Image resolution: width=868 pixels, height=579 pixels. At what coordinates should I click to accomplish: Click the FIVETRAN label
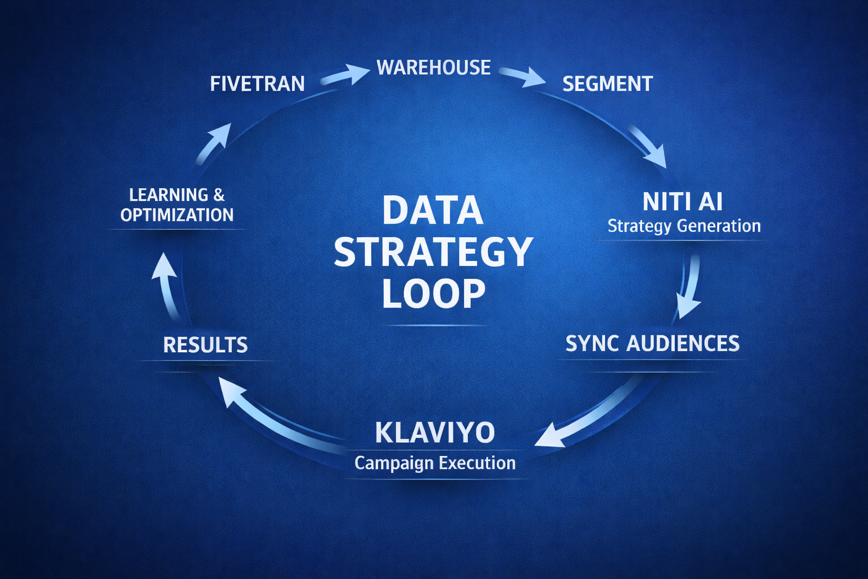(257, 84)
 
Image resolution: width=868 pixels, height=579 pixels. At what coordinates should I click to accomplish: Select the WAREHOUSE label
(433, 68)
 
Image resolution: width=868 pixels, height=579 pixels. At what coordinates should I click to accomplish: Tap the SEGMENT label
(607, 84)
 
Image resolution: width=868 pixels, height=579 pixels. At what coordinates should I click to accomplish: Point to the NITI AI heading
(683, 202)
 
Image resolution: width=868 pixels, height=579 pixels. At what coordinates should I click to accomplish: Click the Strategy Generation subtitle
(684, 226)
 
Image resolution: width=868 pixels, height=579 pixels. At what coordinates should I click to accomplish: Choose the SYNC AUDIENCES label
(653, 344)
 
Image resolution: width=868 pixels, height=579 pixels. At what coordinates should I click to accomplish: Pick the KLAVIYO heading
(435, 433)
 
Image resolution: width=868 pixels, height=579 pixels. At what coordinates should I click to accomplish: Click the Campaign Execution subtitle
(435, 463)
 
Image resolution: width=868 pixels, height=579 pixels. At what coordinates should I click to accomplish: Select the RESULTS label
(205, 345)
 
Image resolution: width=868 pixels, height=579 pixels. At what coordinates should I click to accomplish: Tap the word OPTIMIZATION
(177, 215)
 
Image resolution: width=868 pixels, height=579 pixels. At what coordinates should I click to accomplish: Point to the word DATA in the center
(433, 210)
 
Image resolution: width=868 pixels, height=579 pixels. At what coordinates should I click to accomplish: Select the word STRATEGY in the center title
(433, 252)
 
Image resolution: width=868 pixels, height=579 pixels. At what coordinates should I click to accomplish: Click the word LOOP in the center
(433, 293)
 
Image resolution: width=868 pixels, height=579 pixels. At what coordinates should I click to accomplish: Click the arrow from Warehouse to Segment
(523, 76)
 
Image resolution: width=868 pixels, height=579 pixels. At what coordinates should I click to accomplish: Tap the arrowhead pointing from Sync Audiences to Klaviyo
(551, 435)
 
